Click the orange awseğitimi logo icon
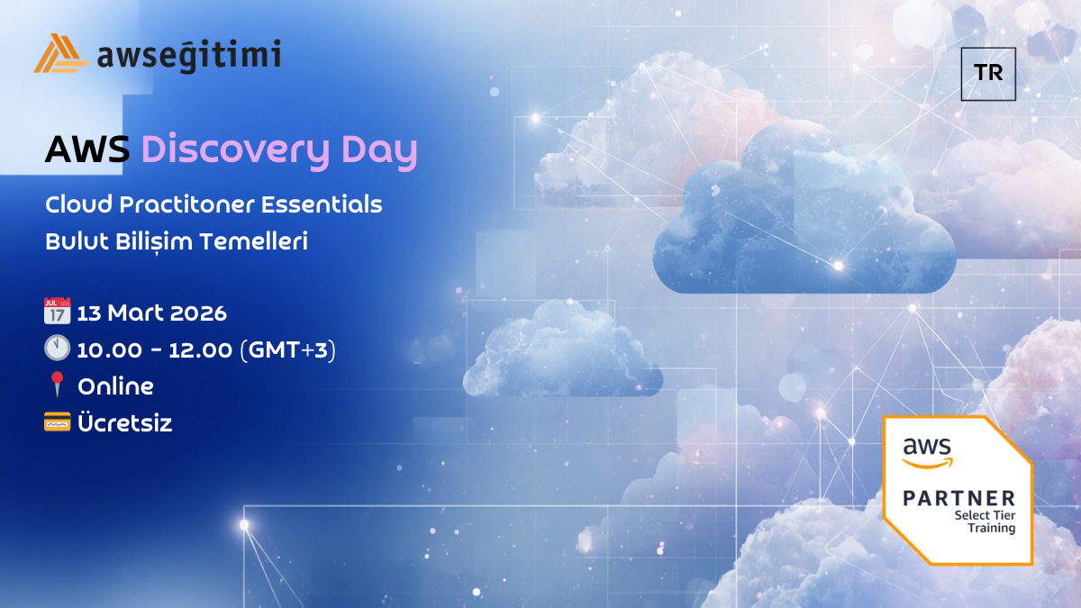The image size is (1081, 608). pyautogui.click(x=61, y=53)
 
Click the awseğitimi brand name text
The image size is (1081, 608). pyautogui.click(x=188, y=56)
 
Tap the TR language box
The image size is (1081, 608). pyautogui.click(x=988, y=74)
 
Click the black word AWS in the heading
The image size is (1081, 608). pyautogui.click(x=87, y=150)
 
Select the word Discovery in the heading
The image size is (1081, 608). pyautogui.click(x=235, y=151)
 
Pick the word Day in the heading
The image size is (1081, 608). pyautogui.click(x=379, y=151)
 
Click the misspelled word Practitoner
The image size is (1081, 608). pyautogui.click(x=186, y=204)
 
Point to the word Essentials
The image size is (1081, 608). pyautogui.click(x=322, y=204)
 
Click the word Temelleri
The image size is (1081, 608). pyautogui.click(x=254, y=240)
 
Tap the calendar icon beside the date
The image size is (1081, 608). pyautogui.click(x=57, y=310)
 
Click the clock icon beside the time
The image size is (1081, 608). pyautogui.click(x=57, y=348)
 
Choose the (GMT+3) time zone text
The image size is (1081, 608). pyautogui.click(x=287, y=349)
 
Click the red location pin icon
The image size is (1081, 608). pyautogui.click(x=58, y=384)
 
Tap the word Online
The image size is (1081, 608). pyautogui.click(x=116, y=386)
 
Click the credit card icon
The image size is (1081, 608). pyautogui.click(x=57, y=422)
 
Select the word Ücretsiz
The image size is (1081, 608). pyautogui.click(x=125, y=422)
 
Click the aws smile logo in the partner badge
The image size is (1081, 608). pyautogui.click(x=927, y=452)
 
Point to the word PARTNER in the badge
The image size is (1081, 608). pyautogui.click(x=958, y=498)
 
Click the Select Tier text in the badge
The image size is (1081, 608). pyautogui.click(x=985, y=515)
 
